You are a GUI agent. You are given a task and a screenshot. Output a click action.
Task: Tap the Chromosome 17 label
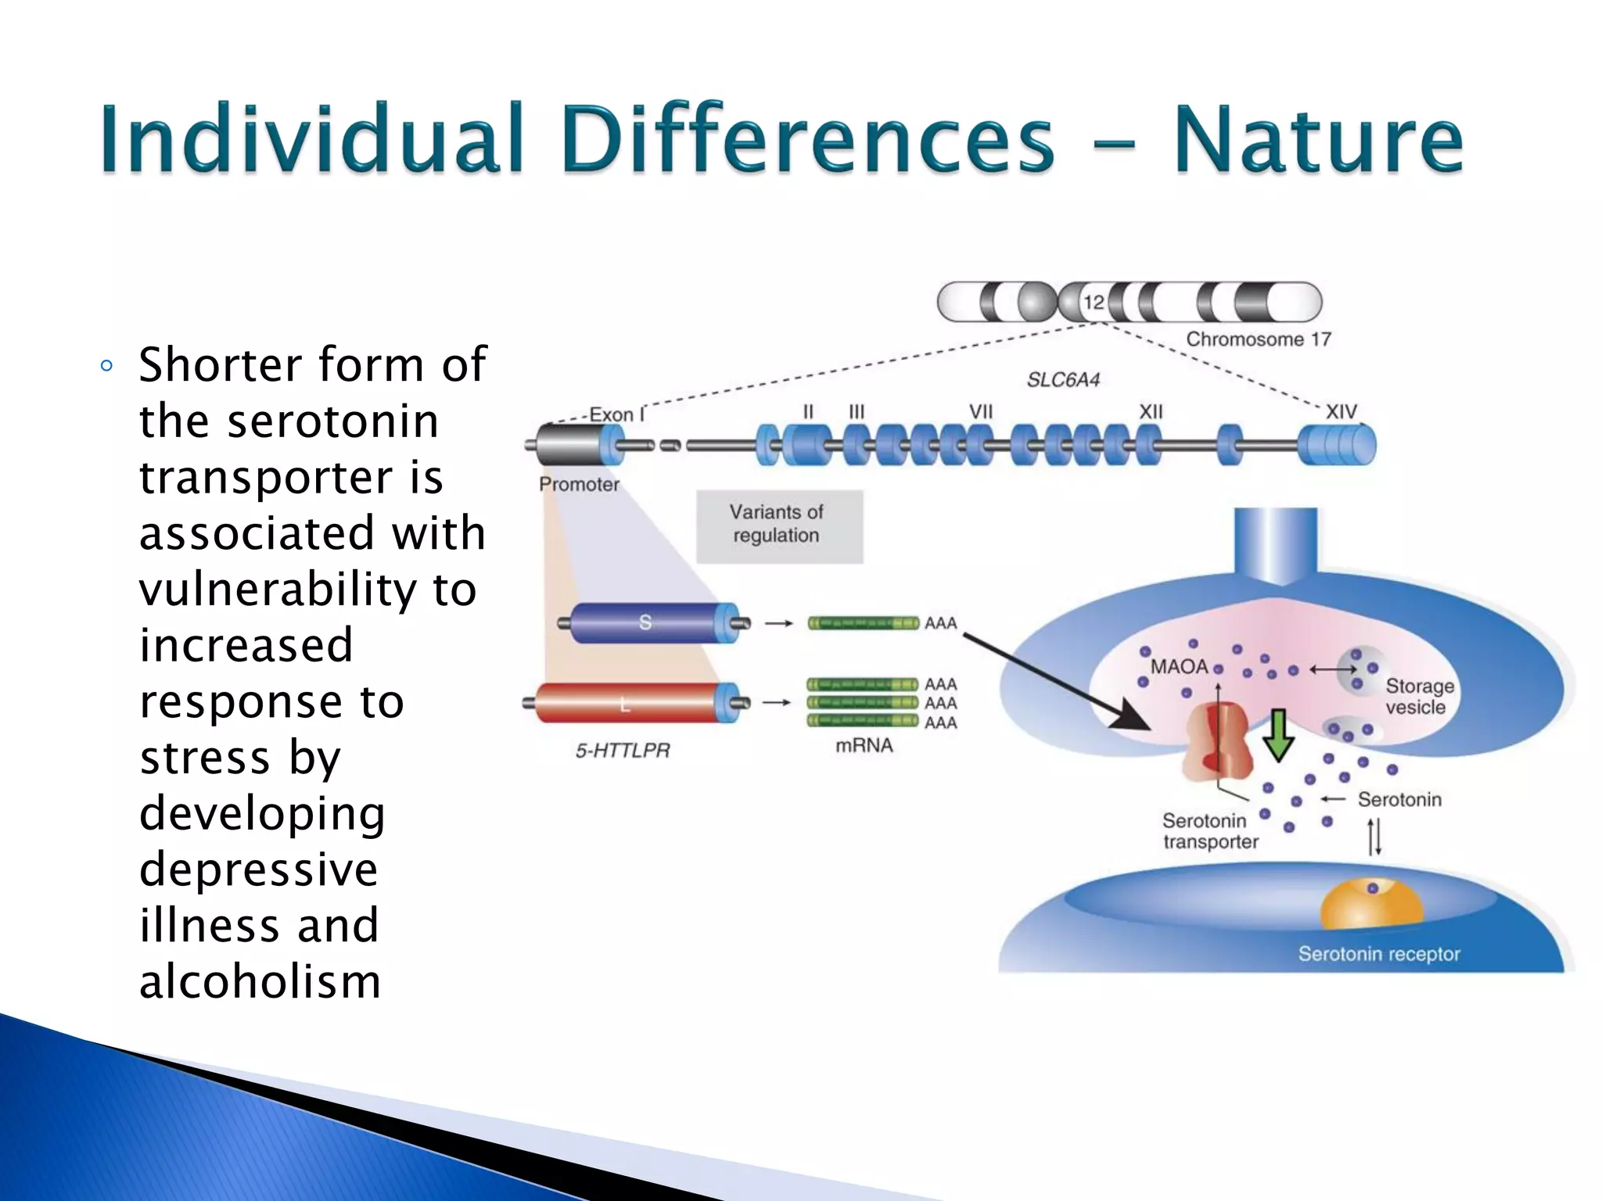click(1258, 339)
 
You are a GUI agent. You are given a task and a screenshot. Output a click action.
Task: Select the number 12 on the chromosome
click(1094, 302)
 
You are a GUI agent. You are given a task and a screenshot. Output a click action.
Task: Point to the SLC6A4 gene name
click(1063, 380)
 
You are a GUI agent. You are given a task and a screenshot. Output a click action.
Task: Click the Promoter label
click(579, 485)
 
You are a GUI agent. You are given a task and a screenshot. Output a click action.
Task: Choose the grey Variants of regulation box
click(779, 525)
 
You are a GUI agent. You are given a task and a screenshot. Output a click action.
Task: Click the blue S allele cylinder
click(645, 623)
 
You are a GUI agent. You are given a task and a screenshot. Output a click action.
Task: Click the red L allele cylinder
click(626, 704)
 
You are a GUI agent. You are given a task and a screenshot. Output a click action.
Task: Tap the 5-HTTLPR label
click(623, 751)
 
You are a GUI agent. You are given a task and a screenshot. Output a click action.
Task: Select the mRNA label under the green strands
click(864, 746)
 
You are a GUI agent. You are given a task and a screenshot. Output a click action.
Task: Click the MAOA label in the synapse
click(1179, 667)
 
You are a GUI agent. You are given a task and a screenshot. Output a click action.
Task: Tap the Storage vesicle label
click(1418, 697)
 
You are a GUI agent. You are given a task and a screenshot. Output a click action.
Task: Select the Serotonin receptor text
click(1378, 954)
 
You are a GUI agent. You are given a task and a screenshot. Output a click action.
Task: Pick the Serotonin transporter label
click(1209, 831)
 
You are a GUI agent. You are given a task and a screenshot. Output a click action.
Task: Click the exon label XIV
click(1341, 412)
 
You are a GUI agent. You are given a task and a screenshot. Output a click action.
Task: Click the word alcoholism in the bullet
click(260, 982)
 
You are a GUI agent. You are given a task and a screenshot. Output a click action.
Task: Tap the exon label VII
click(980, 412)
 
